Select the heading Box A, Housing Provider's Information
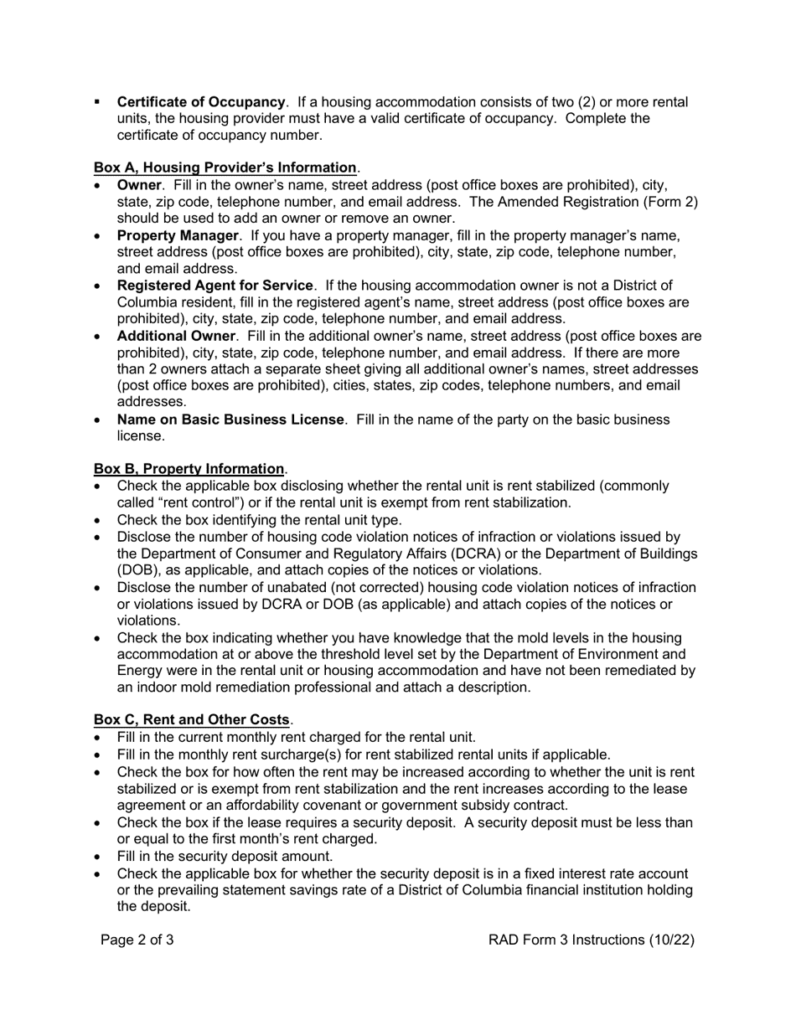pos(225,167)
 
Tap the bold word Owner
pos(138,184)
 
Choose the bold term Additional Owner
pos(176,337)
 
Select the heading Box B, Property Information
pos(189,469)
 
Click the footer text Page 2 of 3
pos(137,940)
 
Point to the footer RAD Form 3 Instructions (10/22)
pos(592,940)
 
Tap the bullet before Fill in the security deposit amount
pos(99,857)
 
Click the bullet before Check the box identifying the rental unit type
pos(99,520)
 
